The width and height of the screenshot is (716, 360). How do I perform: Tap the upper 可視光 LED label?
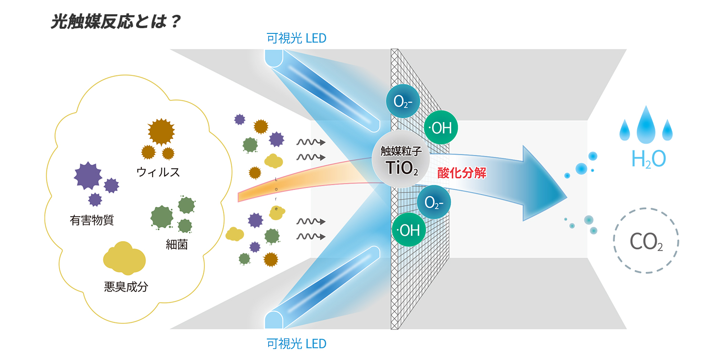[296, 38]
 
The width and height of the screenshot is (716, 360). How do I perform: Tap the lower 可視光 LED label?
[296, 343]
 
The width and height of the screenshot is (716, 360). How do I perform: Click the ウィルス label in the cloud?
[158, 172]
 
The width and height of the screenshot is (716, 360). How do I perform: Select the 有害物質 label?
[92, 220]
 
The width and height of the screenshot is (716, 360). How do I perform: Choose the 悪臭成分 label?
[126, 287]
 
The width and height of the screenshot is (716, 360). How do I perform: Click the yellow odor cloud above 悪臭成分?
[124, 258]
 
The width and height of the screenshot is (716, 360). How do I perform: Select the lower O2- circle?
[434, 202]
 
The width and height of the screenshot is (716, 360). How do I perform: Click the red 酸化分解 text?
[462, 173]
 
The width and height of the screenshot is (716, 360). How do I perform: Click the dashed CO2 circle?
[646, 241]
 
